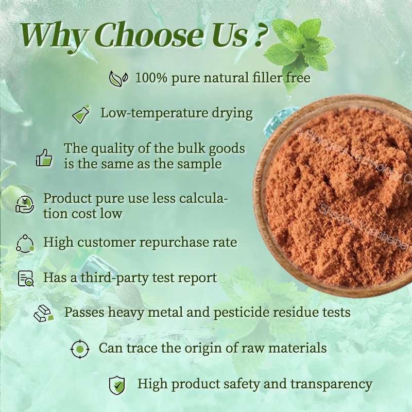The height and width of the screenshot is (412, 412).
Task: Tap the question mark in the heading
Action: [x=259, y=36]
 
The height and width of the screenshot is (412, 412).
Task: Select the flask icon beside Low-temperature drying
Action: [x=81, y=113]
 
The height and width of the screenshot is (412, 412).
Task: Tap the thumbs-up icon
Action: [x=44, y=157]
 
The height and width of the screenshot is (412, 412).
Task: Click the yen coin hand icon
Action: [x=25, y=204]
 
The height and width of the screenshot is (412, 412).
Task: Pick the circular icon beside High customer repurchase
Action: [x=25, y=243]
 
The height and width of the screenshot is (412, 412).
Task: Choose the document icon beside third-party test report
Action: [x=25, y=278]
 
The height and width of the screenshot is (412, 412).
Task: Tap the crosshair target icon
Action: [x=79, y=349]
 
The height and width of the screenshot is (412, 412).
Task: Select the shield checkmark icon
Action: [x=117, y=385]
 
